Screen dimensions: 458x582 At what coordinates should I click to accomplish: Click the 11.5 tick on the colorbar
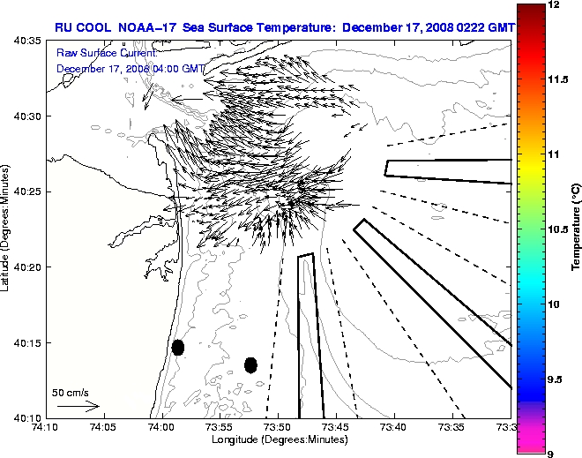point(556,79)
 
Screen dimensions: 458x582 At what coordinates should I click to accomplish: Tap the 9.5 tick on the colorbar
point(556,379)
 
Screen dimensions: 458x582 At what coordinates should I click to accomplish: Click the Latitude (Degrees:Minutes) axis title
point(7,229)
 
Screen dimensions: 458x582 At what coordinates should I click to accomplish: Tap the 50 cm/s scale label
point(70,392)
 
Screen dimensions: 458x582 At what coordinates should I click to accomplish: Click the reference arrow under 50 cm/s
point(78,406)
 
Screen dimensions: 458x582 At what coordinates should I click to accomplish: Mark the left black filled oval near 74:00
point(178,347)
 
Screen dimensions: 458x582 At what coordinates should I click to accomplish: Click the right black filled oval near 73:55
point(250,364)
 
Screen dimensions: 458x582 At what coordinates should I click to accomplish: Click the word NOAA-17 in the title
point(144,27)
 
